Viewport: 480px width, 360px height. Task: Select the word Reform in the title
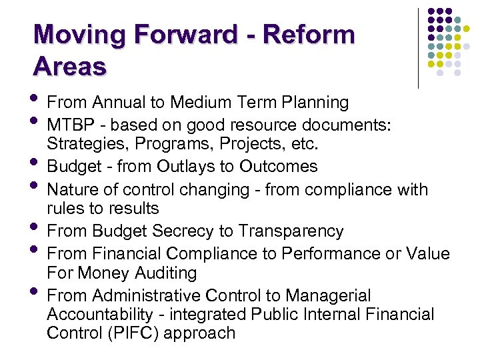coord(309,35)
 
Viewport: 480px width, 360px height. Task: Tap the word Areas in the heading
coord(69,66)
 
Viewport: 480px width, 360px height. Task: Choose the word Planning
coord(316,102)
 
